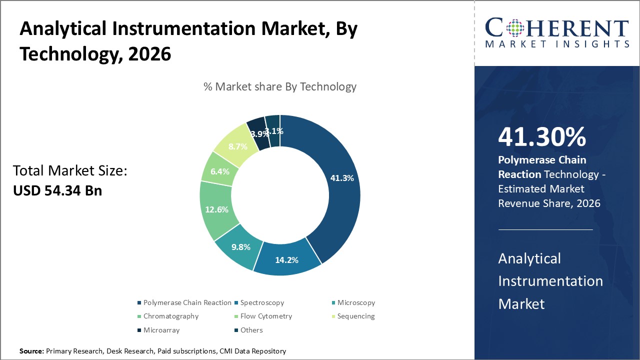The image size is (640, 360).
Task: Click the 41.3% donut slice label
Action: point(342,178)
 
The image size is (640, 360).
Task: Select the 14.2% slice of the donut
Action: point(286,259)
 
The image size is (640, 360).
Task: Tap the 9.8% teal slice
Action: point(240,247)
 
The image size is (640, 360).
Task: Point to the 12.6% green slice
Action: point(216,209)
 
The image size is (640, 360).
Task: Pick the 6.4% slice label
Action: point(220,171)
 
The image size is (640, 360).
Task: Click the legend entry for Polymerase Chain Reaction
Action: point(186,302)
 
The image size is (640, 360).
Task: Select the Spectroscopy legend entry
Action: point(261,302)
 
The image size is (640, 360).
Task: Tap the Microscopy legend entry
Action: point(355,302)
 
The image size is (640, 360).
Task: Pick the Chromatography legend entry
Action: point(170,316)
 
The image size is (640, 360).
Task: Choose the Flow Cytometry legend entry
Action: point(265,316)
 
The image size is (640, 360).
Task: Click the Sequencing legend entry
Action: point(355,316)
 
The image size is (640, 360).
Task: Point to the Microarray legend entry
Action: point(161,330)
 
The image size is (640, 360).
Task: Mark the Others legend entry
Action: point(251,330)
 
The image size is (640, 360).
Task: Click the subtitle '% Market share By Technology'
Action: point(280,86)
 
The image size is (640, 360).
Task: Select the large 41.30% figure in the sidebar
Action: point(542,137)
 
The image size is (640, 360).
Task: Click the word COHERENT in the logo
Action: point(557,28)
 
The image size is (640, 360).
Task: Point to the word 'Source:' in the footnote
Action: point(31,351)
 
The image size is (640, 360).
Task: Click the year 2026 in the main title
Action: point(149,53)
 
